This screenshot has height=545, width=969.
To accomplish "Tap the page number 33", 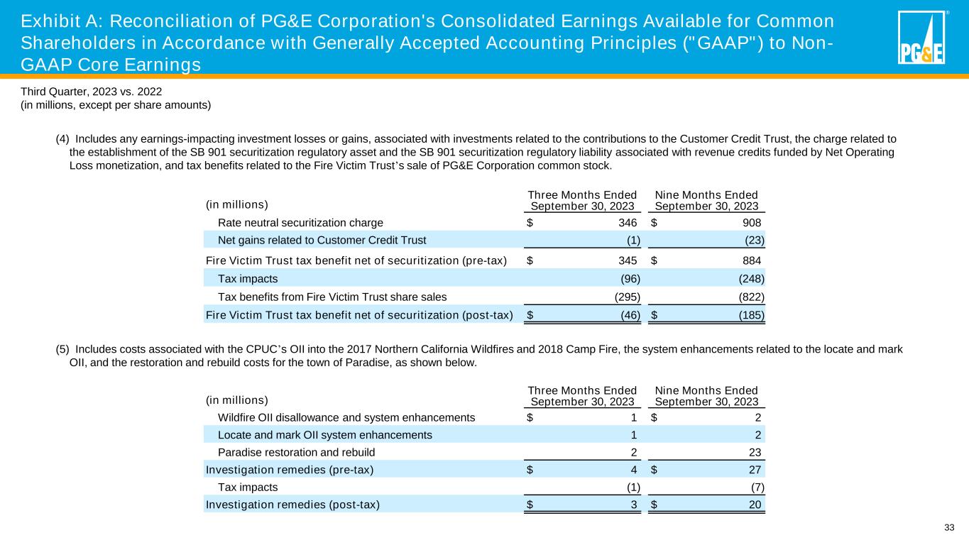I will pos(949,527).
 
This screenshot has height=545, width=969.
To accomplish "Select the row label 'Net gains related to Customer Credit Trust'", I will pos(322,240).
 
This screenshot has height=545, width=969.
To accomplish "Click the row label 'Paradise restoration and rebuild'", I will pos(296,452).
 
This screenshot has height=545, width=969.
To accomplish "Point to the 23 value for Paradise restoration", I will pos(755,452).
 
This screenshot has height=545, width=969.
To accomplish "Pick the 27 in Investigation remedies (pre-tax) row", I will pos(755,469).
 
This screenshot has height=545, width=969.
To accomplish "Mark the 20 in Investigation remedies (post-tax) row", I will pos(755,505).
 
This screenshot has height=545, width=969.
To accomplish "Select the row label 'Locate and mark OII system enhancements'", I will pos(324,434).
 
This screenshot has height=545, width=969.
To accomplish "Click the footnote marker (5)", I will pos(62,349).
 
